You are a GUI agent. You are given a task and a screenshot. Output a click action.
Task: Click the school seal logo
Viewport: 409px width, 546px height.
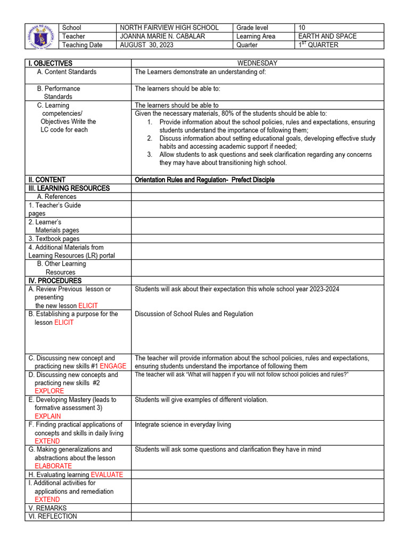tap(42, 36)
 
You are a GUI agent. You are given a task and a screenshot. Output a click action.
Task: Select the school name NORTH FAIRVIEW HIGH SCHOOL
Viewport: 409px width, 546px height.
tap(177, 28)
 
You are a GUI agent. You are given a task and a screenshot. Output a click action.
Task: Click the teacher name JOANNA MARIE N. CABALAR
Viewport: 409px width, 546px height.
tap(170, 36)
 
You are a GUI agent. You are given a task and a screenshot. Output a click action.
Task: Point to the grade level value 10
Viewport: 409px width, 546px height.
tap(302, 28)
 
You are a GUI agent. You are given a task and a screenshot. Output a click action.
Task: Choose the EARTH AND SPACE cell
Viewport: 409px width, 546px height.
tap(328, 36)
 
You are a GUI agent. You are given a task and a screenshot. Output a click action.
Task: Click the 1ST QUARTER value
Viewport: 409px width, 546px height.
tap(318, 45)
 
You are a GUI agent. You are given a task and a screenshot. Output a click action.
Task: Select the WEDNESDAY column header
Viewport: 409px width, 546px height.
tap(257, 63)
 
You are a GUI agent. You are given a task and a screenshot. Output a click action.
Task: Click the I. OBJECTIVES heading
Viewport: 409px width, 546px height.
tap(51, 63)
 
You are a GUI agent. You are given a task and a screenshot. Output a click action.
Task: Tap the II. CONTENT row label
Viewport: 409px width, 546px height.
tap(47, 180)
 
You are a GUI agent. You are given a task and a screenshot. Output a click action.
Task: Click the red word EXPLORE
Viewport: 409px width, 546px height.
tap(49, 391)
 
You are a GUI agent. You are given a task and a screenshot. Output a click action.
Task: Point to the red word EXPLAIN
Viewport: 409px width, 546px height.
tap(48, 416)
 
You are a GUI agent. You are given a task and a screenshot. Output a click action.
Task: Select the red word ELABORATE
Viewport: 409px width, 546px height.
tap(53, 466)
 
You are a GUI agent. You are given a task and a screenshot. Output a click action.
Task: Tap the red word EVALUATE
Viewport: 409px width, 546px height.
tap(107, 475)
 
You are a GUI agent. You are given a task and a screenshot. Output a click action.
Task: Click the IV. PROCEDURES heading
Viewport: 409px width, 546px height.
tap(55, 281)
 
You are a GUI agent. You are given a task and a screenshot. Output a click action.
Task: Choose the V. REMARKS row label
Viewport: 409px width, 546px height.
tap(48, 508)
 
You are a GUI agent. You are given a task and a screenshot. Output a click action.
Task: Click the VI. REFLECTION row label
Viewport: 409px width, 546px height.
tap(53, 517)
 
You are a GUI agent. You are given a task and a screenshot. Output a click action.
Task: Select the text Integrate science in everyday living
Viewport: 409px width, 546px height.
tap(183, 425)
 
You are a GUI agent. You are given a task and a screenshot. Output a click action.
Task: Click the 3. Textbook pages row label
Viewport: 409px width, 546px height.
tap(54, 239)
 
